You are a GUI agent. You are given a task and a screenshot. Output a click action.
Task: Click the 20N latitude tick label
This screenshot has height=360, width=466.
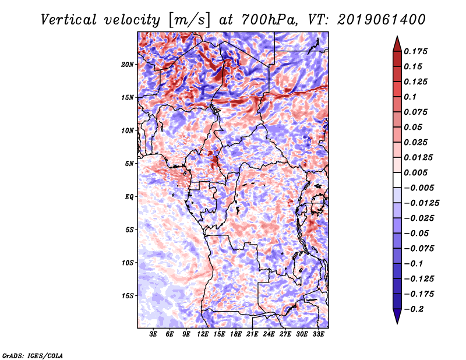[128, 64]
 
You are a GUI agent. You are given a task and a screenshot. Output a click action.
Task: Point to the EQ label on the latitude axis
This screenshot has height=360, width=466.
[129, 197]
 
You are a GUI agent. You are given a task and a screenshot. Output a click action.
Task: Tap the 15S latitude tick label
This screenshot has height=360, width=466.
[128, 296]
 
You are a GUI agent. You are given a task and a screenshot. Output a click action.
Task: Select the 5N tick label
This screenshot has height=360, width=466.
[129, 164]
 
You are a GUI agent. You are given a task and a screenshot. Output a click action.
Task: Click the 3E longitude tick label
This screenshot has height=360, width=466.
[154, 335]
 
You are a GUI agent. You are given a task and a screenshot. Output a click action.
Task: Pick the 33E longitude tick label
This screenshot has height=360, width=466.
[319, 335]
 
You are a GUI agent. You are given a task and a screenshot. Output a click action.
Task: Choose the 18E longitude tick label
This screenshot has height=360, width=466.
[236, 335]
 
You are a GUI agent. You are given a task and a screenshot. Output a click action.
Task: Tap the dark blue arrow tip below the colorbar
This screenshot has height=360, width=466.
[397, 319]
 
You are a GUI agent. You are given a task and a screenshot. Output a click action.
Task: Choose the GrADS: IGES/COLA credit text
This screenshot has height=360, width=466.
[32, 355]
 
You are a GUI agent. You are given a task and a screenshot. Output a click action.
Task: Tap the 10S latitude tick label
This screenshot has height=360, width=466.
[128, 263]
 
